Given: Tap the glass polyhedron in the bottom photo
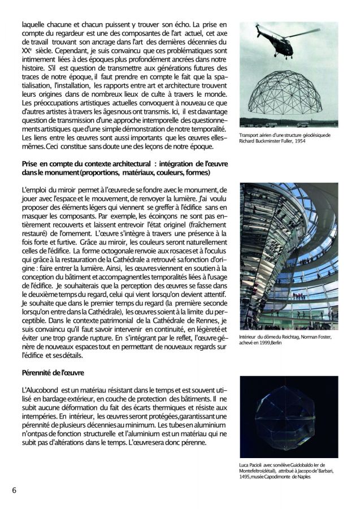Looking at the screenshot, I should (288, 416).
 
